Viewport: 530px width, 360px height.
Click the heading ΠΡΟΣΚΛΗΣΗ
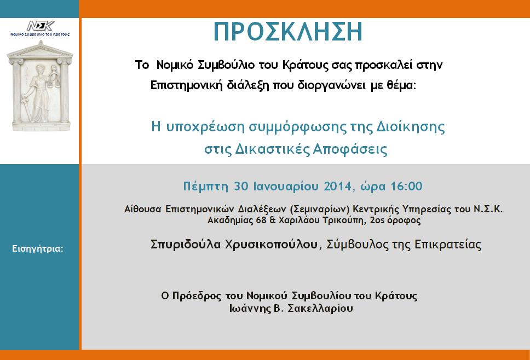tap(288, 32)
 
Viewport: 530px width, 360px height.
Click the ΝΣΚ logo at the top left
tap(41, 26)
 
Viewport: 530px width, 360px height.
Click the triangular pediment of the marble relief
tap(41, 49)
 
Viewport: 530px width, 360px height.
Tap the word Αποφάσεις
tap(350, 149)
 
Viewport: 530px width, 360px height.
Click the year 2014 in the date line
tap(338, 186)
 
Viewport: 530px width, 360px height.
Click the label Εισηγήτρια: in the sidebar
tap(38, 249)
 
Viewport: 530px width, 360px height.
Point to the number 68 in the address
tap(261, 220)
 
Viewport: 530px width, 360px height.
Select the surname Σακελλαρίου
tap(320, 309)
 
